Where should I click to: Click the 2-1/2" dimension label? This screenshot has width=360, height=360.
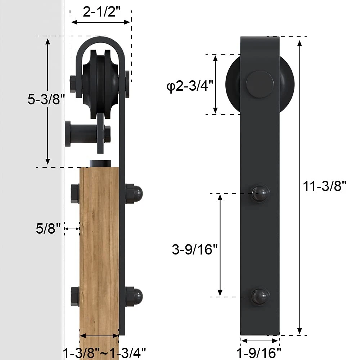(102, 12)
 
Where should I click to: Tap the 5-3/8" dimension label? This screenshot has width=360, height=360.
(46, 99)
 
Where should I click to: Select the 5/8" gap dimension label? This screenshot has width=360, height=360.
(48, 229)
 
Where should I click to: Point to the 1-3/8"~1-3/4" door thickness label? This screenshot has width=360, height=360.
(104, 353)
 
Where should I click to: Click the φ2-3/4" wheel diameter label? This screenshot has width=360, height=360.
(190, 85)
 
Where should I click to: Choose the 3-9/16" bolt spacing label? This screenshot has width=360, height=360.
(195, 249)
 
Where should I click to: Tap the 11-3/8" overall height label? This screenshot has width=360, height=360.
(324, 186)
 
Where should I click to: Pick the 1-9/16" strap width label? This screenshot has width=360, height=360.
(259, 353)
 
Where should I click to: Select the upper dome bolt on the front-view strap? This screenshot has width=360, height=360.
(260, 194)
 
